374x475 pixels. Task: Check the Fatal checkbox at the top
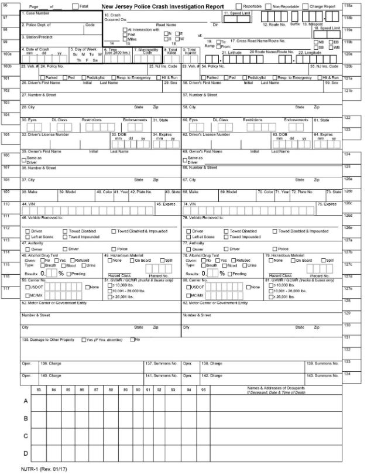[74, 6]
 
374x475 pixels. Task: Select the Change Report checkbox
[305, 6]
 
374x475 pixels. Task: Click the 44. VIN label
[27, 204]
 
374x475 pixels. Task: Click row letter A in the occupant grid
[25, 401]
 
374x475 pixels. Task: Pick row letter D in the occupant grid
[25, 453]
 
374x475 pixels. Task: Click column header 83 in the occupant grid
[39, 389]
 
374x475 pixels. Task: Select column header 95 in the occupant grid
[204, 389]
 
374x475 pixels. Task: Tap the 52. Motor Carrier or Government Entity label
[54, 303]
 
